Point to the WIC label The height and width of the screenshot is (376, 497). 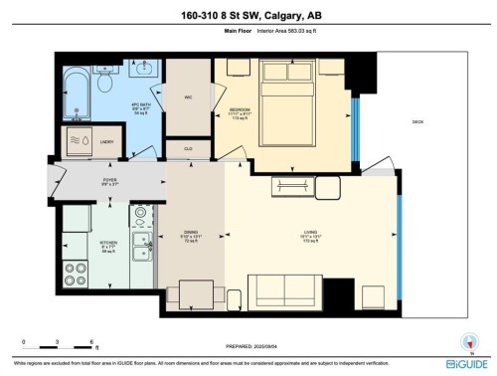(x=187, y=97)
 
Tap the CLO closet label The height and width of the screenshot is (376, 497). (x=187, y=146)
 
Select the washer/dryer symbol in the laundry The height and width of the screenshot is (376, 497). (x=79, y=141)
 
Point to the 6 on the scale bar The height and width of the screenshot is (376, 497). (x=91, y=341)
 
